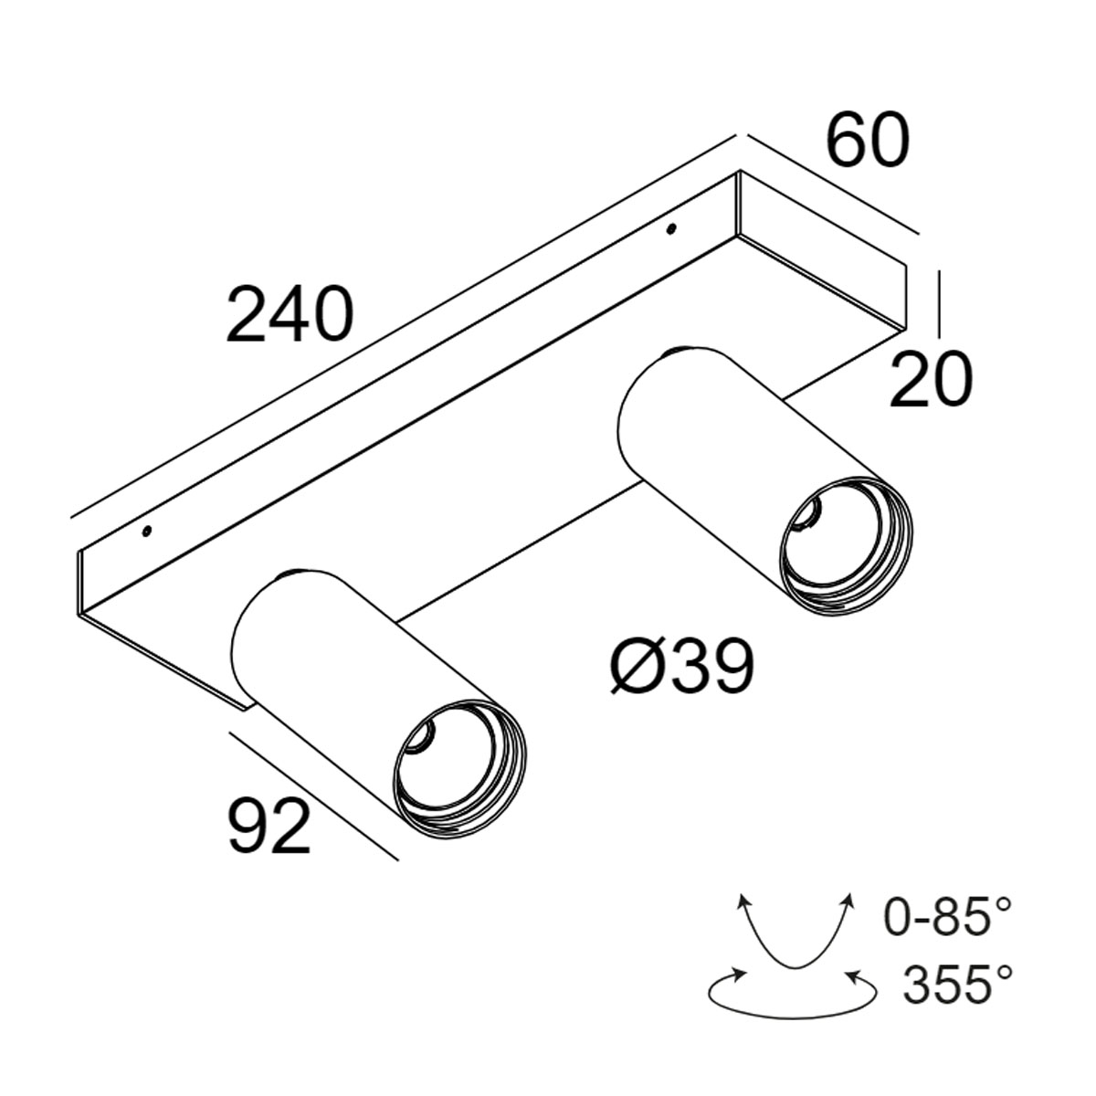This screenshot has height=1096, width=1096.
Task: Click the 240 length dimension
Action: [x=289, y=315]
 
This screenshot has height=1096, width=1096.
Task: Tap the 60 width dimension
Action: [x=868, y=142]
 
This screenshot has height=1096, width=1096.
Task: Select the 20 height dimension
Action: [x=931, y=381]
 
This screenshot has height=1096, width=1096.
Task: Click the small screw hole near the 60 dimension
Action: [x=671, y=227]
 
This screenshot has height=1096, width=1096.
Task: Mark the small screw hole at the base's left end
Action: [x=146, y=531]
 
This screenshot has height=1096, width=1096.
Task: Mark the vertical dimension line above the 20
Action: [x=940, y=300]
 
